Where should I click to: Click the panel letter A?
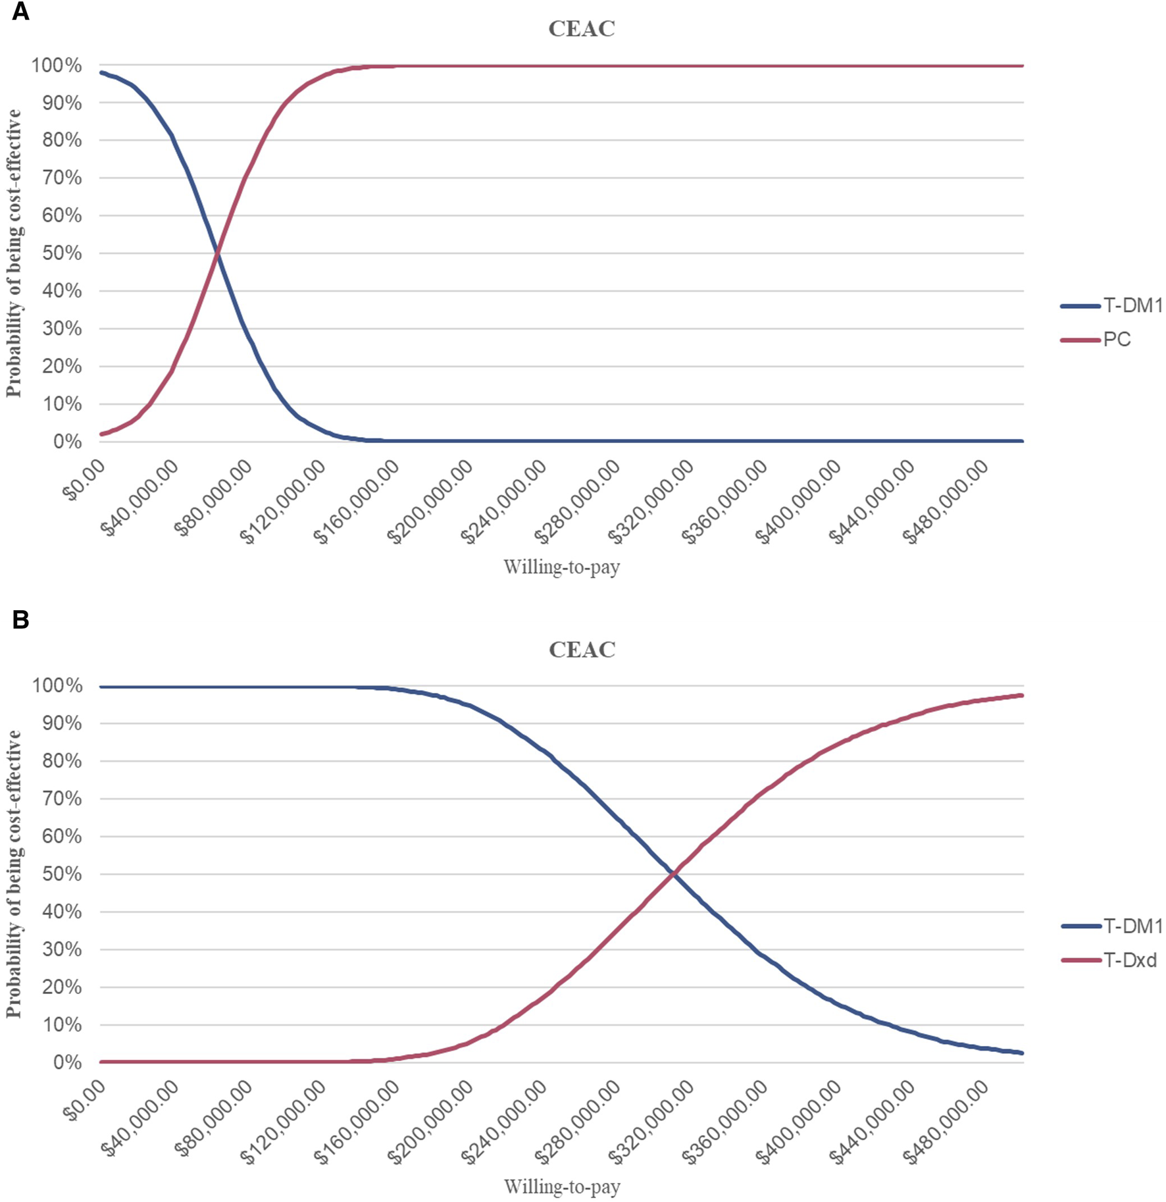pyautogui.click(x=20, y=12)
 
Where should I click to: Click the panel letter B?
pyautogui.click(x=20, y=619)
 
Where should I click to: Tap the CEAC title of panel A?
pyautogui.click(x=582, y=29)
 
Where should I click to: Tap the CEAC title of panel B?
pyautogui.click(x=582, y=650)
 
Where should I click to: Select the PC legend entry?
pyautogui.click(x=1117, y=340)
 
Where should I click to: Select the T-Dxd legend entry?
pyautogui.click(x=1129, y=960)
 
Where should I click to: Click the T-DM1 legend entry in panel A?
pyautogui.click(x=1132, y=306)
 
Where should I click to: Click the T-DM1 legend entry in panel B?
pyautogui.click(x=1132, y=926)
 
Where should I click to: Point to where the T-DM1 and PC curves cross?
pyautogui.click(x=217, y=253)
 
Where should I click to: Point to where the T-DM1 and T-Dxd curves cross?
pyautogui.click(x=673, y=874)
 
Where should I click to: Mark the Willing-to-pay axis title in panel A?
pyautogui.click(x=562, y=567)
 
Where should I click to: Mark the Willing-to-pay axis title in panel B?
pyautogui.click(x=562, y=1187)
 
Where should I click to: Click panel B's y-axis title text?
pyautogui.click(x=14, y=874)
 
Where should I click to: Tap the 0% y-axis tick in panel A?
pyautogui.click(x=66, y=442)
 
